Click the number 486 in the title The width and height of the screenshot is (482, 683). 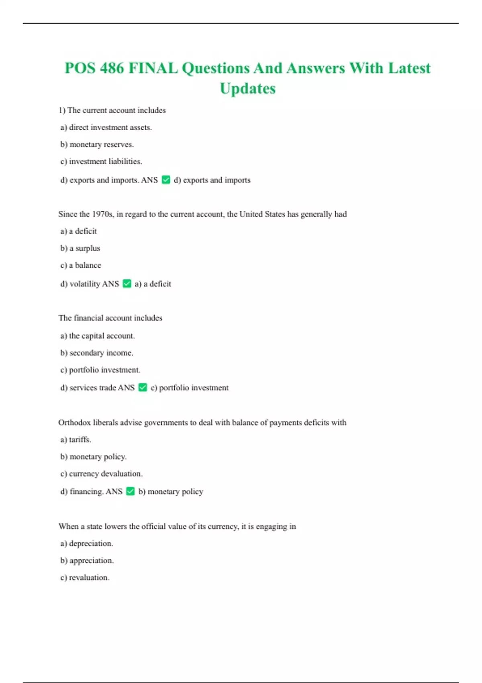(112, 68)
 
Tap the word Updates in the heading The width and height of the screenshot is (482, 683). (248, 88)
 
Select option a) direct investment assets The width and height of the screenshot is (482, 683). (106, 127)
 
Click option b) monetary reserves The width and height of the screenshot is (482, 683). (97, 144)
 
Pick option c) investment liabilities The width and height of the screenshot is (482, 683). (101, 162)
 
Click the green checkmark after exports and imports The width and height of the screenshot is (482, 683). (166, 180)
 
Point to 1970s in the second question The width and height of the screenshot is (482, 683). (102, 214)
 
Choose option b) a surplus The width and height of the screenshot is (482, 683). (80, 248)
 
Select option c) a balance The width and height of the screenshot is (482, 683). (81, 265)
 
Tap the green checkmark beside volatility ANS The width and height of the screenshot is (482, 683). (127, 284)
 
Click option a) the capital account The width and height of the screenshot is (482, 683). (98, 336)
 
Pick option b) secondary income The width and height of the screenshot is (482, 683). (97, 353)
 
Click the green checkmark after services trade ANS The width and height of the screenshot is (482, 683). (143, 388)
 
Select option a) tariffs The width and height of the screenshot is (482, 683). (76, 440)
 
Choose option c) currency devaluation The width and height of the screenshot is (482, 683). (102, 474)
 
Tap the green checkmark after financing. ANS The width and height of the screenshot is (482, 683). (131, 491)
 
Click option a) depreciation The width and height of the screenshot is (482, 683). (87, 544)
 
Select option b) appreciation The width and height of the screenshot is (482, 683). (87, 560)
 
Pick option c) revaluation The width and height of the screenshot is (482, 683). (85, 578)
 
